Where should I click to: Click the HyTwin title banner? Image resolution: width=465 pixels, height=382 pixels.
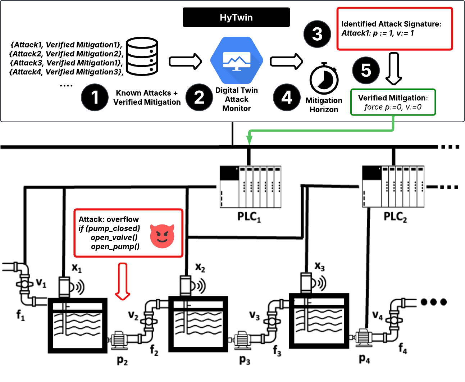click(x=236, y=17)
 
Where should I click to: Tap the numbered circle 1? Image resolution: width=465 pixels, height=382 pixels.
click(x=95, y=97)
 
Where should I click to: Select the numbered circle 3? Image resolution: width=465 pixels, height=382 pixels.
click(x=317, y=34)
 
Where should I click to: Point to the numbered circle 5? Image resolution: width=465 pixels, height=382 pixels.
click(x=366, y=70)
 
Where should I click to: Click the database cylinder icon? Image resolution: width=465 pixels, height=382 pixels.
click(x=142, y=56)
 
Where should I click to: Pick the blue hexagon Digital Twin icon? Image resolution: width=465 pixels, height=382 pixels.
click(x=236, y=60)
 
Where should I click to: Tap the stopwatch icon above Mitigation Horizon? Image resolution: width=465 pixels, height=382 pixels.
click(x=324, y=79)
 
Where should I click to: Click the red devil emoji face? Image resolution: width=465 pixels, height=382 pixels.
click(x=162, y=236)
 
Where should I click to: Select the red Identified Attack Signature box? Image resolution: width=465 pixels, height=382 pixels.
click(x=394, y=29)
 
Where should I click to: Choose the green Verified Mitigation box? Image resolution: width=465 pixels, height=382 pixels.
click(x=393, y=102)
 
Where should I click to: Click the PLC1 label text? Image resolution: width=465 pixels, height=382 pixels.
click(x=249, y=217)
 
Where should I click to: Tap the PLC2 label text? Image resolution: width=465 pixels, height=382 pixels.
click(x=395, y=217)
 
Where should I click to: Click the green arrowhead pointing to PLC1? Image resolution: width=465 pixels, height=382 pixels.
click(x=249, y=141)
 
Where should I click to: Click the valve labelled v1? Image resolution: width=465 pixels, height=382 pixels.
click(x=24, y=284)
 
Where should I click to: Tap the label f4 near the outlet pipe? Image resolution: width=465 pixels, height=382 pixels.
click(x=403, y=348)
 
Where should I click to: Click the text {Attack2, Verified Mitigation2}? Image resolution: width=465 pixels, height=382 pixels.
click(x=67, y=54)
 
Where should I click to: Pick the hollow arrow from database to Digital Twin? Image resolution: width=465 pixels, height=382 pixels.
click(x=186, y=61)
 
